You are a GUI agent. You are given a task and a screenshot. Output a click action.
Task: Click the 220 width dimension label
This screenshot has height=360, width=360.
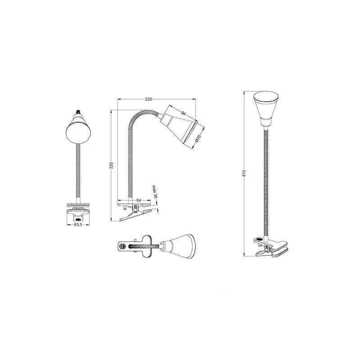(x=148, y=99)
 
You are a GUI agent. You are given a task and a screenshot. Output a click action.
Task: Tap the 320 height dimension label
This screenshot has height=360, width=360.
(x=111, y=165)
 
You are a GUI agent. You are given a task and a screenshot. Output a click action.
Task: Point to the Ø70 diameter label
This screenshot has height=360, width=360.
(x=198, y=138)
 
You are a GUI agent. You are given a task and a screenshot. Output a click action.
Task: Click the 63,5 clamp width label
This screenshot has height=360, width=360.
(x=78, y=225)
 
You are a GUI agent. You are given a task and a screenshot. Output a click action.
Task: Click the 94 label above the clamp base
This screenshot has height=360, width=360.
(x=139, y=200)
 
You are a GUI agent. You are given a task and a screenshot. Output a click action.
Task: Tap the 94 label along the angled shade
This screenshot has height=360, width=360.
(x=183, y=113)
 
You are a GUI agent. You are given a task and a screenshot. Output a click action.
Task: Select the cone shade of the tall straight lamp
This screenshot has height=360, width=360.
(x=266, y=108)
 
